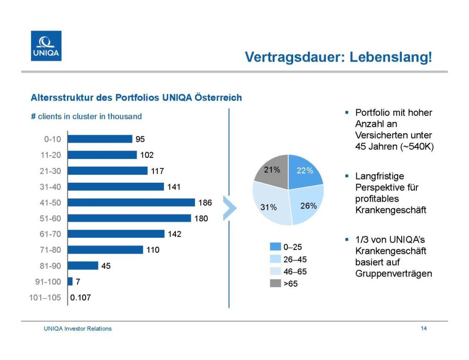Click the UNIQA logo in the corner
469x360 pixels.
[46, 46]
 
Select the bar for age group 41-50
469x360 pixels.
[131, 202]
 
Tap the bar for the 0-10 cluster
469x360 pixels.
[100, 139]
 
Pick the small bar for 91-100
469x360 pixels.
[70, 281]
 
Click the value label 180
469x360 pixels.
[201, 218]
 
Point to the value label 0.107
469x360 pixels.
[81, 298]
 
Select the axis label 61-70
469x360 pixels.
[50, 234]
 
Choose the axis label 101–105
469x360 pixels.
[48, 298]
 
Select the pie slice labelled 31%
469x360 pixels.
[270, 206]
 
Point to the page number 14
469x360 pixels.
[424, 328]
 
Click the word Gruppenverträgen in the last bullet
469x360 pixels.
[393, 274]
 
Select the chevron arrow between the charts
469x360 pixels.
[229, 208]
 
